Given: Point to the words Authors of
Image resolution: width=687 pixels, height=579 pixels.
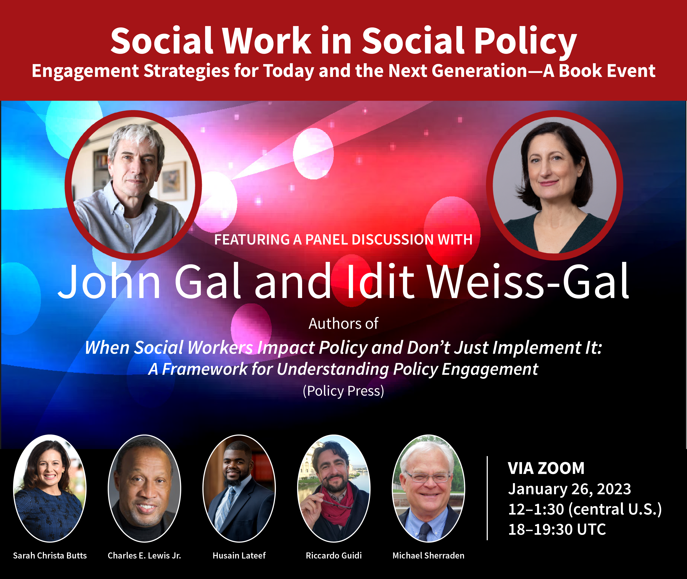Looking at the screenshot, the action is click(x=343, y=324).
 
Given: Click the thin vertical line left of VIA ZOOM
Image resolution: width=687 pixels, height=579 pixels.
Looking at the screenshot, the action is click(x=487, y=498).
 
